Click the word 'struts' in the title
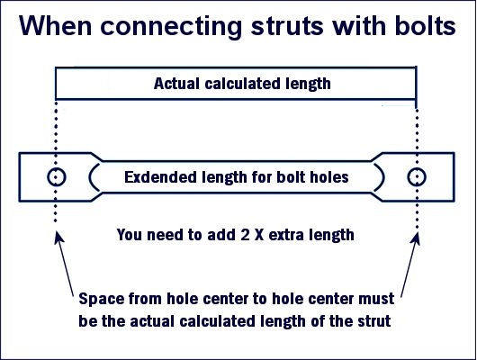coord(286,26)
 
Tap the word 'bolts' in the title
coord(425,25)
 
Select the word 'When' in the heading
coord(56,25)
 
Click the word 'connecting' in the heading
coord(171,27)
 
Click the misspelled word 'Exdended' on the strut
coord(160,177)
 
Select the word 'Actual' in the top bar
coord(176,84)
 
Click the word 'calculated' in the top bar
coord(242,84)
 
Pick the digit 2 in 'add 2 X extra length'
coord(245,235)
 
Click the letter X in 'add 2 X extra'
coord(259,235)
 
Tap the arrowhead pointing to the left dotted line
coord(58,238)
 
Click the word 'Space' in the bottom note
coord(101,299)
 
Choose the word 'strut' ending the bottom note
coord(374,321)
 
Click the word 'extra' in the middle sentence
coord(286,235)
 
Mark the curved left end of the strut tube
coord(90,177)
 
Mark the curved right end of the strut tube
coord(383,177)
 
